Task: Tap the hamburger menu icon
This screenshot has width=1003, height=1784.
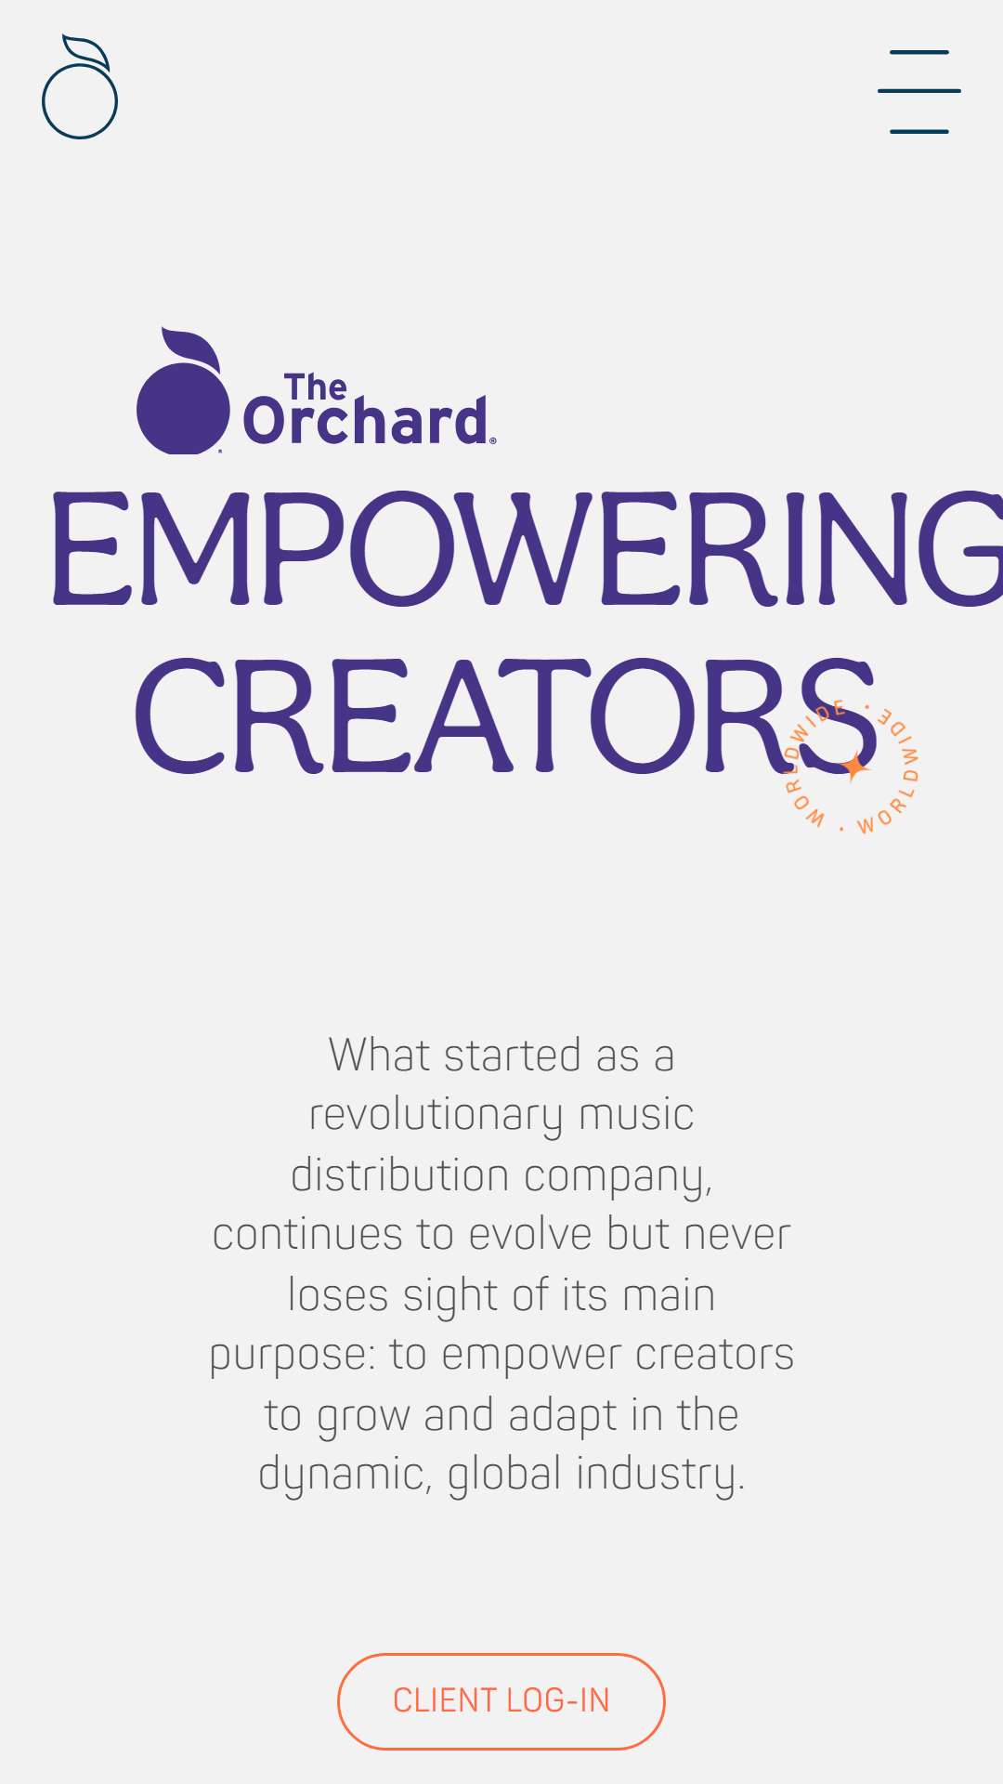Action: (x=919, y=92)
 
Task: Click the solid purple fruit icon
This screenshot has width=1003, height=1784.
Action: (x=183, y=391)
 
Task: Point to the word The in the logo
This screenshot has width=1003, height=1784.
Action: (x=316, y=387)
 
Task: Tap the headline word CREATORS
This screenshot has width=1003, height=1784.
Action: (x=507, y=715)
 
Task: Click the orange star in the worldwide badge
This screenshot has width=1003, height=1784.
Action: (x=853, y=767)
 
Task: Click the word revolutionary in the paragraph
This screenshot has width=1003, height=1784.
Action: (x=436, y=1115)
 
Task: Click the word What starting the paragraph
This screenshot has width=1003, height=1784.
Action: (x=380, y=1055)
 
